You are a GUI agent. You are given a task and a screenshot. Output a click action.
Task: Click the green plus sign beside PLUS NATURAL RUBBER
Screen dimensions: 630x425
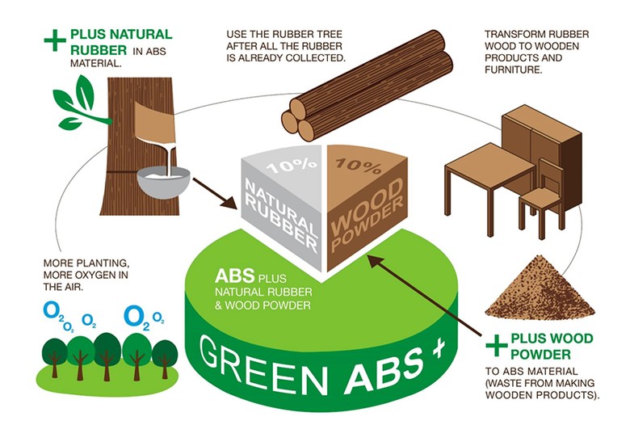click(55, 40)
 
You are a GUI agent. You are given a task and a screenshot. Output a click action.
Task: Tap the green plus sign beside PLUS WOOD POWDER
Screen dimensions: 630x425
click(496, 345)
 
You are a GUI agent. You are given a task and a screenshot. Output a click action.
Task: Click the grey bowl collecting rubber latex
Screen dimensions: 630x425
click(163, 183)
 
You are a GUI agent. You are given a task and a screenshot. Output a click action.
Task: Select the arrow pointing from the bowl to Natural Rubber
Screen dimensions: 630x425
click(214, 193)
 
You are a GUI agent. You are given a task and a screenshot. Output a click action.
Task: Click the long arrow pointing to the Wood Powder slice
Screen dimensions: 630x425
click(424, 295)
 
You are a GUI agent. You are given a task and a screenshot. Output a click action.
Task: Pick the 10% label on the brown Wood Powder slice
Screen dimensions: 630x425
click(359, 166)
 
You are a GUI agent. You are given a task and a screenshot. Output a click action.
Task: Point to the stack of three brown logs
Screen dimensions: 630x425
click(367, 86)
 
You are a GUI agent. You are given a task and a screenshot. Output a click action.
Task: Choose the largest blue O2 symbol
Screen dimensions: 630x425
click(137, 318)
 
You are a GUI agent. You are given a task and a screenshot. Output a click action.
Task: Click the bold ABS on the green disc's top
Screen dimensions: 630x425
click(235, 276)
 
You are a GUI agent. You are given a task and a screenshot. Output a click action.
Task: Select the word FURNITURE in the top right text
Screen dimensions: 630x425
click(514, 69)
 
